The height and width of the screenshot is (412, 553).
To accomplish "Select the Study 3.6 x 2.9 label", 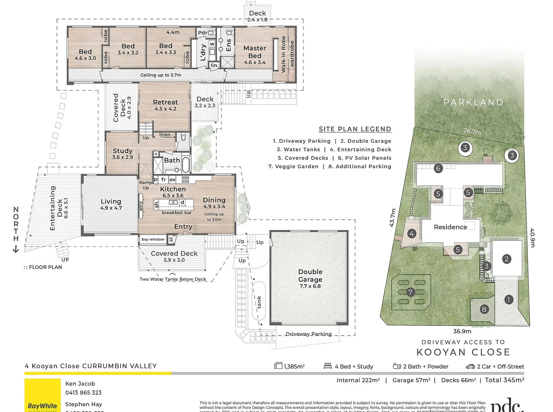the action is pos(123,153).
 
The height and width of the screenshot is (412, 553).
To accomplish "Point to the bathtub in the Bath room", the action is pos(186,165).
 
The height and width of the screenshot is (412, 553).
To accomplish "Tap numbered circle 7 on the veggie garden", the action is pos(410,292).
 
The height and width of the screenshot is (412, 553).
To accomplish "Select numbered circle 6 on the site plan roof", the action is pos(438,168).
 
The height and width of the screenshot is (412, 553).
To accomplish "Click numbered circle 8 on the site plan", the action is pos(484,309).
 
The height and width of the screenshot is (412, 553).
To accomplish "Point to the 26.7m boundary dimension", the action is pos(472,131).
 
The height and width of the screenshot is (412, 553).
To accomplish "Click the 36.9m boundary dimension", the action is pos(462,331).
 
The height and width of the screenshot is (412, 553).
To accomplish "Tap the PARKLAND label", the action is pos(473,102).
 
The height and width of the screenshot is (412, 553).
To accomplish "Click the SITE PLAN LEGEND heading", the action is pos(355,129).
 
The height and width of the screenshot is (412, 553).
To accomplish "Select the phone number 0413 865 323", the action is pos(83,393).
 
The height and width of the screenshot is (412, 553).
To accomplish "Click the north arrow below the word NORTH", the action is pos(16,249).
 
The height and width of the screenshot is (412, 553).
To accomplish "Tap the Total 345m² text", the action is pos(504,380).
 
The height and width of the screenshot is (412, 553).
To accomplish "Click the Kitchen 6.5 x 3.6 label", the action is pos(173,192).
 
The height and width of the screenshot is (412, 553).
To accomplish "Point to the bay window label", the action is pos(153,240).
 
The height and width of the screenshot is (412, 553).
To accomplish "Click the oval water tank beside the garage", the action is pos(259,301).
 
